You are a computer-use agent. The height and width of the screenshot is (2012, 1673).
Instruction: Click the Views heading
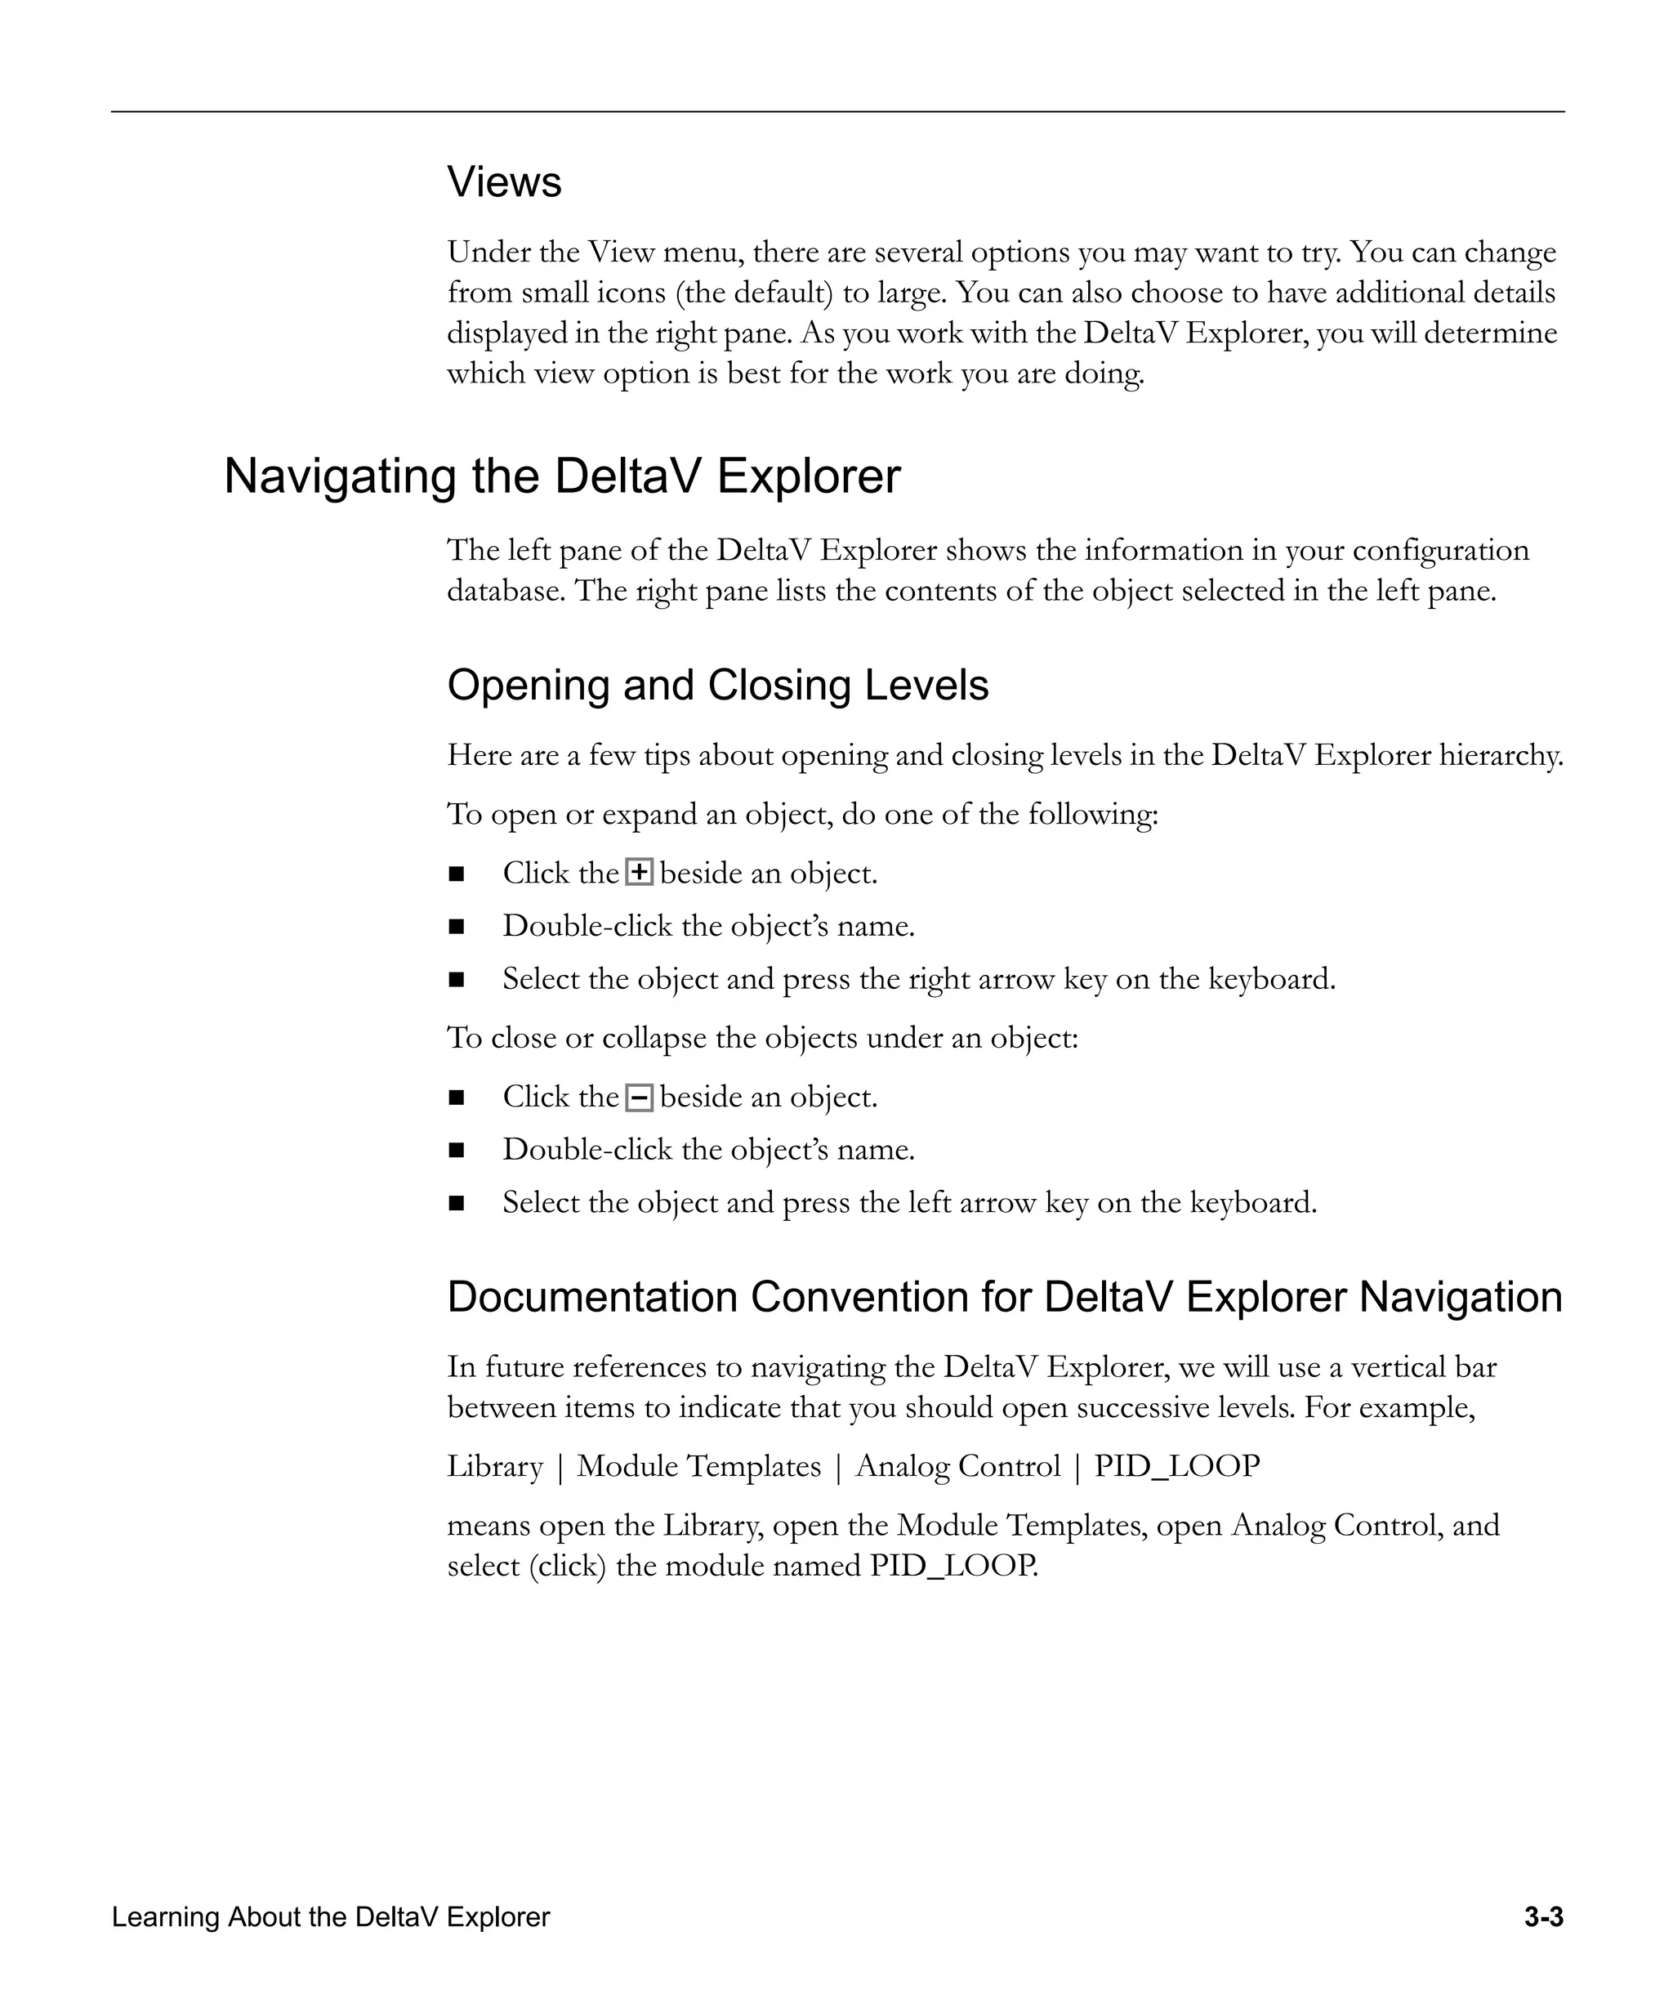[504, 182]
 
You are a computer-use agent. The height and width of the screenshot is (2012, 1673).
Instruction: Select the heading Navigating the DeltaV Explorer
[562, 476]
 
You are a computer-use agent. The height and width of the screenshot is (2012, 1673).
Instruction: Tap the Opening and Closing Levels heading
[717, 685]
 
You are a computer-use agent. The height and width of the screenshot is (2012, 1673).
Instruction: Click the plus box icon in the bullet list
[639, 873]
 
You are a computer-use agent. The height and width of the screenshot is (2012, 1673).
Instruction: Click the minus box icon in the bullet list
[639, 1097]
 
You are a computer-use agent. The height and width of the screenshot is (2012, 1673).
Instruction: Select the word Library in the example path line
[494, 1467]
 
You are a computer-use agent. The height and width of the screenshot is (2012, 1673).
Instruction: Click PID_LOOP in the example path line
[1176, 1467]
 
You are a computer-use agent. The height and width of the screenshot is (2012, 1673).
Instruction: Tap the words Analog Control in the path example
[957, 1467]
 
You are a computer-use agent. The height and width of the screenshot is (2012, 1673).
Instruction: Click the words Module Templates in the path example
[698, 1467]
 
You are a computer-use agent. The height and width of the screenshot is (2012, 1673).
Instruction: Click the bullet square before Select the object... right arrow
[456, 980]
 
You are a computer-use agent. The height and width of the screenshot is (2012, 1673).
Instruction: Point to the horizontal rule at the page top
[837, 112]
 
